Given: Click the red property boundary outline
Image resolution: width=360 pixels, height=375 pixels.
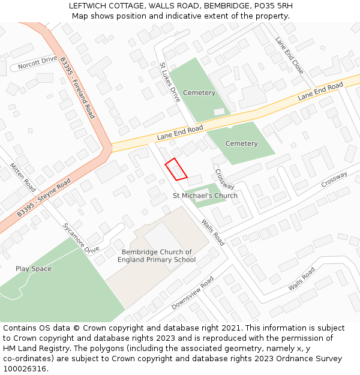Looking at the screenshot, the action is coord(176,169).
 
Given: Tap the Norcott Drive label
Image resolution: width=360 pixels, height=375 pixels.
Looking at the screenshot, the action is coord(37,63).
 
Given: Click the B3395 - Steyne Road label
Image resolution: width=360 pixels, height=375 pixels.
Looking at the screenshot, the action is coord(44,197).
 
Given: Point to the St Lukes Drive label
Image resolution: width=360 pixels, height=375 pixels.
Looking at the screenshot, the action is coord(170,82).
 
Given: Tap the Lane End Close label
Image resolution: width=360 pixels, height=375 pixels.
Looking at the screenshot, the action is coord(289,56).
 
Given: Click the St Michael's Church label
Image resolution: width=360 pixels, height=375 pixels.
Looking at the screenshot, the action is coord(205,196).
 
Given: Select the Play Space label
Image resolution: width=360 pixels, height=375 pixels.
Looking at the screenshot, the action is coord(34,269).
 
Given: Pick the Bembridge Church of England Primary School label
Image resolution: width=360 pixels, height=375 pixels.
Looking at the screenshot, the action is coord(157,256).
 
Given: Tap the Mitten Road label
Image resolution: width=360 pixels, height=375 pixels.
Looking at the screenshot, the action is coord(23,178).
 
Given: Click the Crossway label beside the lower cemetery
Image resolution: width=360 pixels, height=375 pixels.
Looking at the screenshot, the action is coord(224,179).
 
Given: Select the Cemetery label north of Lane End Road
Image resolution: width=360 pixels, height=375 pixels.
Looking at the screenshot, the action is coord(199,93).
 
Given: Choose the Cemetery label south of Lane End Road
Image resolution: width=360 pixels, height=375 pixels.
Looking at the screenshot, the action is coord(242,143).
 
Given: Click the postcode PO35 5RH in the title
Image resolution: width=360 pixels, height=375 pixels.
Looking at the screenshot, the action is coord(273,5).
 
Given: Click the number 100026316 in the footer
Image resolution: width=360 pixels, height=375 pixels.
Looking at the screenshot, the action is coord(25,368).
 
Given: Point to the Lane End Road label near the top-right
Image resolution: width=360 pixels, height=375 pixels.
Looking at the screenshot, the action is coord(320,92).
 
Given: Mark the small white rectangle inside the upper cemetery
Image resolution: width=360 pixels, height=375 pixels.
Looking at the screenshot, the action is coord(219,112).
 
